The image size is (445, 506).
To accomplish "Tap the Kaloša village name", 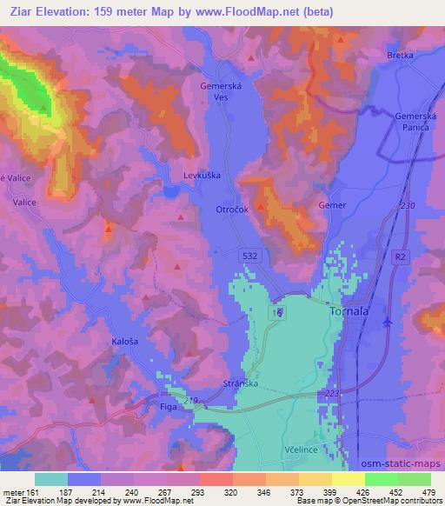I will pos(124,341).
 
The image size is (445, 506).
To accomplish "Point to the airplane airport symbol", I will pos(387,323).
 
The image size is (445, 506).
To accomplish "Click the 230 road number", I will pos(408,205).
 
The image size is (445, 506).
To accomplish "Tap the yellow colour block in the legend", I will pos(348,479).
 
